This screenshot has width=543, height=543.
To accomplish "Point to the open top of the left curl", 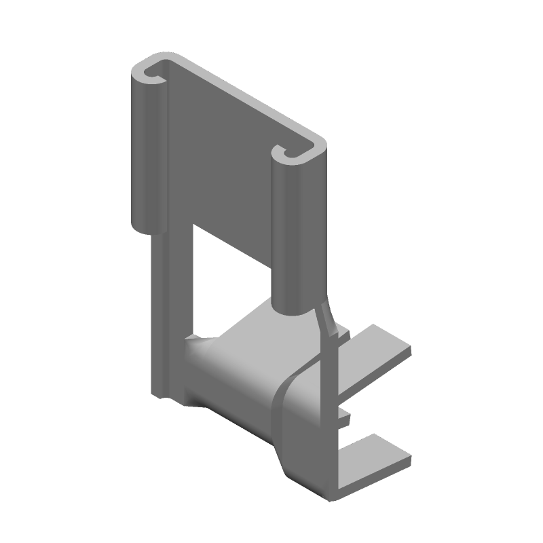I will pos(151,72).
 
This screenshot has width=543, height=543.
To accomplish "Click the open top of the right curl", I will pos(293,153).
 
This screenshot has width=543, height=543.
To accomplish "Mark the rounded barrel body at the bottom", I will pos(231,380).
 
